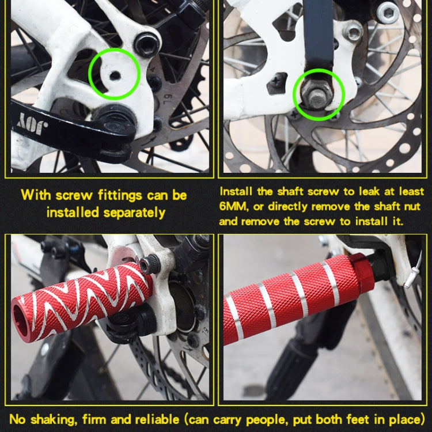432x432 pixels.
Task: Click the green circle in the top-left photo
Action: click(114, 73)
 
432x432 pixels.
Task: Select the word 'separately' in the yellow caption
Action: click(134, 212)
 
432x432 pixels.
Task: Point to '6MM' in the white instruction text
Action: click(233, 206)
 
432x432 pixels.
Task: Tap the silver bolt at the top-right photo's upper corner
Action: click(387, 12)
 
